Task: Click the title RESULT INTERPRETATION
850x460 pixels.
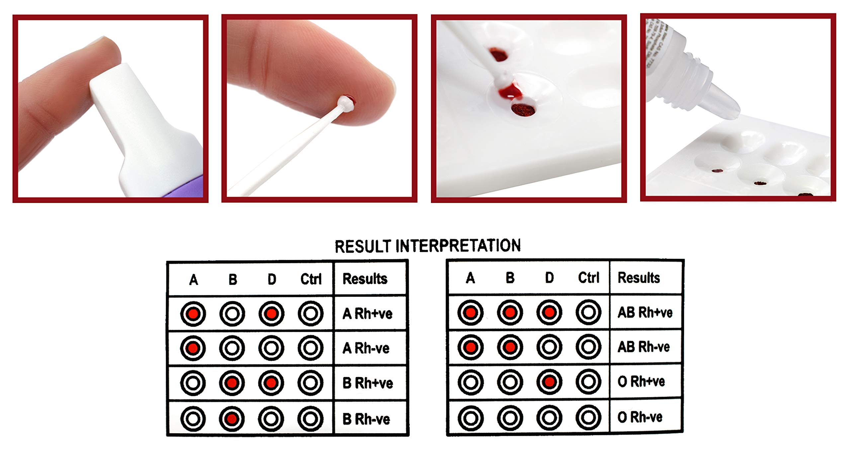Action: pyautogui.click(x=427, y=246)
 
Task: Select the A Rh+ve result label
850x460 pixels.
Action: pyautogui.click(x=367, y=314)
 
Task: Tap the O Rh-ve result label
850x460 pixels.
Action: pyautogui.click(x=639, y=417)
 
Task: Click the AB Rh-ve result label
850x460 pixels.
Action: pyautogui.click(x=643, y=347)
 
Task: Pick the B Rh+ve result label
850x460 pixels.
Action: pyautogui.click(x=368, y=383)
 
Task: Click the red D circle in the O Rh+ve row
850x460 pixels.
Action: pyautogui.click(x=549, y=382)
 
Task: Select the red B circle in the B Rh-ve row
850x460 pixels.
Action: pyautogui.click(x=232, y=418)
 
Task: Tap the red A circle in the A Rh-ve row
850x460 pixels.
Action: pyautogui.click(x=193, y=348)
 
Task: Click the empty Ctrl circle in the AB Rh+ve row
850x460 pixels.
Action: pyautogui.click(x=588, y=312)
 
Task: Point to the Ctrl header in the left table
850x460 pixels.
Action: pyautogui.click(x=311, y=279)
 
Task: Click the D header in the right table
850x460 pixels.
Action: pyautogui.click(x=549, y=278)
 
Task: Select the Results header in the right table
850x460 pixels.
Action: pyautogui.click(x=638, y=278)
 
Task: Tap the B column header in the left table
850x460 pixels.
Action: pyautogui.click(x=233, y=280)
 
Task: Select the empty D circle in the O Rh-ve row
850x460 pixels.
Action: pyautogui.click(x=549, y=417)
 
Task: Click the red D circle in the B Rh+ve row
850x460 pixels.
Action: pyautogui.click(x=271, y=383)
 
